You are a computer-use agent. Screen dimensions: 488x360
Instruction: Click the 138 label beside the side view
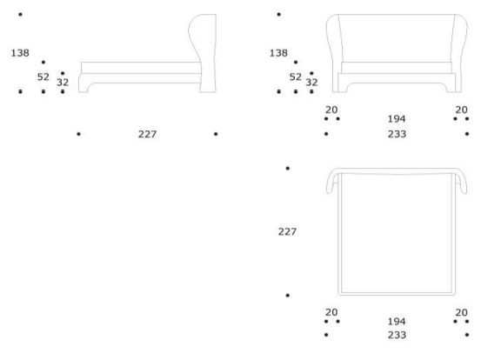pos(20,53)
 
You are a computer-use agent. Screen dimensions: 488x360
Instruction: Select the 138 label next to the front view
pos(278,53)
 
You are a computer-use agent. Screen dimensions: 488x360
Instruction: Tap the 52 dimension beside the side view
pos(43,77)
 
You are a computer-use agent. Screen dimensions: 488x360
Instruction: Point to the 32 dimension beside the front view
pos(311,83)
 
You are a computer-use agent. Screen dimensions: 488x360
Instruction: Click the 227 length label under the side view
pos(148,134)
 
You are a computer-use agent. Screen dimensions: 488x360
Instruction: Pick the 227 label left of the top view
pos(287,231)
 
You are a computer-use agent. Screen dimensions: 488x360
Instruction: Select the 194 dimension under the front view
pos(397,119)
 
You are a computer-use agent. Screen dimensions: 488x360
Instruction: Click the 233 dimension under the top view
pos(397,335)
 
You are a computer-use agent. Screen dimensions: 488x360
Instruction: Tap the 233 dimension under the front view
pos(397,134)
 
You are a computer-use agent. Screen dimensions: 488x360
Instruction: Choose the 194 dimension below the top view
pos(397,322)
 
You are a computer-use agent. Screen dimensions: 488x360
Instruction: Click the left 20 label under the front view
pos(331,110)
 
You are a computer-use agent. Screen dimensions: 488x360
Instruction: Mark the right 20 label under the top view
pos(462,312)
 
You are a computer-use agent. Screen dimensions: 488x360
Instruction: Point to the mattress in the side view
pos(141,68)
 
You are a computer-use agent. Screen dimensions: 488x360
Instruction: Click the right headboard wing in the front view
pos(460,53)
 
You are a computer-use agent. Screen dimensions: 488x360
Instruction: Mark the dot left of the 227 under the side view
pos(78,134)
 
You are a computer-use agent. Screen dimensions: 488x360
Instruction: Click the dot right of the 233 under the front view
pos(467,134)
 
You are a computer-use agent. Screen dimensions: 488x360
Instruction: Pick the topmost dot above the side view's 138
pos(20,14)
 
